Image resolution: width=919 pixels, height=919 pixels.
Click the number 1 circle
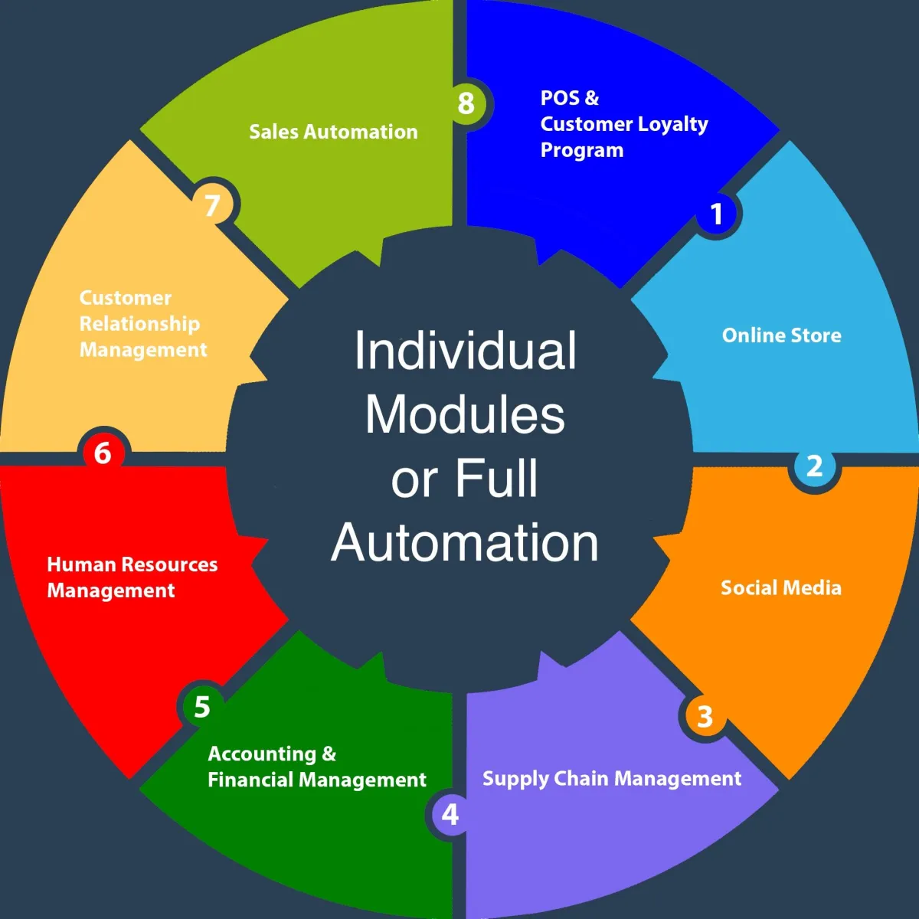pos(716,213)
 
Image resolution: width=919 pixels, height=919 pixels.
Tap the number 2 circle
pos(815,466)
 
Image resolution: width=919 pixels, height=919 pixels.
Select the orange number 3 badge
pos(705,716)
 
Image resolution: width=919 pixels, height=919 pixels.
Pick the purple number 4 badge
pos(450,815)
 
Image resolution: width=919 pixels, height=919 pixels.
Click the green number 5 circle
pos(202,706)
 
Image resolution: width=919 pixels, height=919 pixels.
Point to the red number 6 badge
pos(103,453)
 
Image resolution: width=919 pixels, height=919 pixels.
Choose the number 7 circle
pos(212,205)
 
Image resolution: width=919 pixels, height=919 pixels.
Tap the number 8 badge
pos(466,103)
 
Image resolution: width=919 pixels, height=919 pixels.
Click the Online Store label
pos(781,335)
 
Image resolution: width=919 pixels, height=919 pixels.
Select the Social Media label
pos(780,587)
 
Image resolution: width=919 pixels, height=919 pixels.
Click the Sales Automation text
pos(333,132)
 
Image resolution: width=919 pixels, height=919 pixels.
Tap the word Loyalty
pos(672,125)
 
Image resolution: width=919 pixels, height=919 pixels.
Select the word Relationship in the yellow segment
pos(139,324)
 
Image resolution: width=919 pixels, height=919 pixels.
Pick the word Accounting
pos(262,754)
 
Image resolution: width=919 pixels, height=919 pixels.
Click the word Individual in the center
pos(466,351)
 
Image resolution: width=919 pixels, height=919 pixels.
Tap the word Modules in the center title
pos(465,414)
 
